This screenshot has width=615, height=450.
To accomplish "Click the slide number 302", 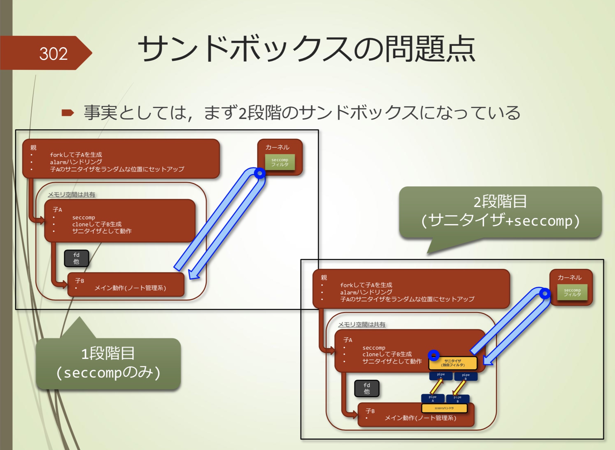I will [x=53, y=54].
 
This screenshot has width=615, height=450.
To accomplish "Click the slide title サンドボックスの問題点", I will [x=306, y=49].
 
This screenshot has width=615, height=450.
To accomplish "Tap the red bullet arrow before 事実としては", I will [x=68, y=113].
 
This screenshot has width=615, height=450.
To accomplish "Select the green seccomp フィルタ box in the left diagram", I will [x=280, y=162].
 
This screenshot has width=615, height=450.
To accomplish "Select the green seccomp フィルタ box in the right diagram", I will [x=572, y=292].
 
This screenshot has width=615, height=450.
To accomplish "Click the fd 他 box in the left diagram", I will [x=76, y=258].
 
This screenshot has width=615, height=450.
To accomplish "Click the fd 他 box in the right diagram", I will [x=367, y=389].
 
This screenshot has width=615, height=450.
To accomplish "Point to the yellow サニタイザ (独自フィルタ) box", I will [x=453, y=363].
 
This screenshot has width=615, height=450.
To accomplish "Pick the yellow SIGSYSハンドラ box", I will [x=444, y=408].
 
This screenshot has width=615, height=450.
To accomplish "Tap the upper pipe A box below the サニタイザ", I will [x=441, y=376].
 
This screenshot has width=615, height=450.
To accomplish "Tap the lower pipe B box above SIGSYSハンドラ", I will [x=458, y=398].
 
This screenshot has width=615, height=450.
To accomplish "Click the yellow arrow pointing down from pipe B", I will [x=459, y=387].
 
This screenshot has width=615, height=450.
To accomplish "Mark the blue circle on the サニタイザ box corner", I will [x=434, y=355].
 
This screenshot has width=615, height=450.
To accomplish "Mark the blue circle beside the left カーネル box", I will [x=259, y=173].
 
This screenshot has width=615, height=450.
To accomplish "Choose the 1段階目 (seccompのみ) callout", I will [x=108, y=363].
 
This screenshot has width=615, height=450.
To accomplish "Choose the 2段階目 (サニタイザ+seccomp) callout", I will [x=500, y=211].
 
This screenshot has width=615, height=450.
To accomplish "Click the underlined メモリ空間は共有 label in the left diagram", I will [x=71, y=194].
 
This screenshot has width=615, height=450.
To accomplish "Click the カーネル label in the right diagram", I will [x=570, y=278].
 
